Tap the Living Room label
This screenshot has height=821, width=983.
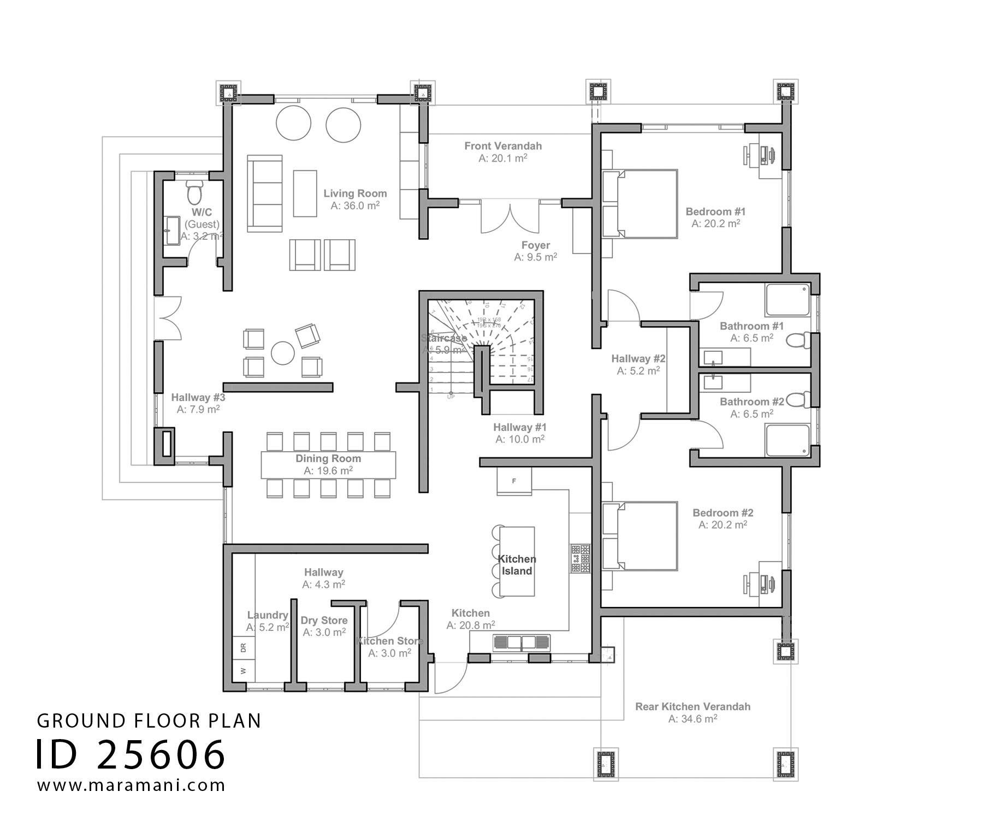point(355,193)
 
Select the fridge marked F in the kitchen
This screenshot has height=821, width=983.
point(514,482)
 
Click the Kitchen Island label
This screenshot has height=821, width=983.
point(517,565)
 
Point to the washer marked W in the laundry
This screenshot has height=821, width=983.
point(244,671)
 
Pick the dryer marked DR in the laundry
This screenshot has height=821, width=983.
point(244,648)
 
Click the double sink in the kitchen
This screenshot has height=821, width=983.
point(522,642)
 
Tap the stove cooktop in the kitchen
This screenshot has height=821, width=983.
point(581,558)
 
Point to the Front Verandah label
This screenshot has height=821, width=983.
point(503,146)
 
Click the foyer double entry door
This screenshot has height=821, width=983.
point(510,217)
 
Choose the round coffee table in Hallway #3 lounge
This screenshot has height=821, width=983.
point(283,353)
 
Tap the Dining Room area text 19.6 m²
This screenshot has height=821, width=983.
point(328,471)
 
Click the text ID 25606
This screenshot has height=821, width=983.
point(131,755)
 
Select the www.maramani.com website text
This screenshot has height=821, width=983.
point(131,785)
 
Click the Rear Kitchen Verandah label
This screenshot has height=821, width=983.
point(692,706)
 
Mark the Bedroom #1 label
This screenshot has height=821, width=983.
point(715,211)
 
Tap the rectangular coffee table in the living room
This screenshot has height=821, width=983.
point(305,193)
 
